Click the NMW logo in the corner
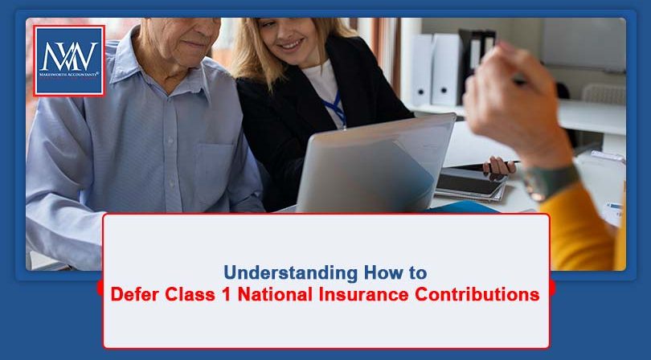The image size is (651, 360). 68,60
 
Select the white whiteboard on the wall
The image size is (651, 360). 582,45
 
